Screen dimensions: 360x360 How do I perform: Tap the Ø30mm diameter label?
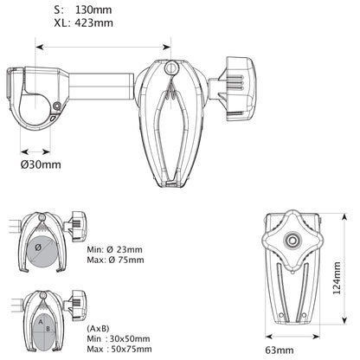click(41, 164)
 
